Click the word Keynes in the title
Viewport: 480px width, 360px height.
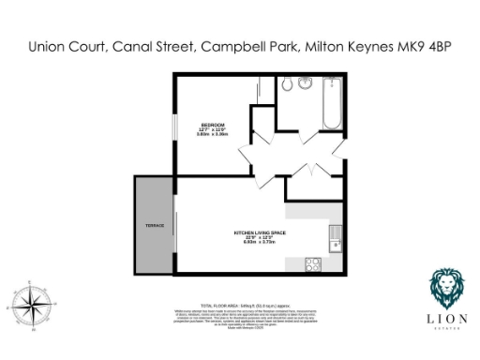tap(356, 45)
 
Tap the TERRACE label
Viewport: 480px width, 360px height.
tap(155, 226)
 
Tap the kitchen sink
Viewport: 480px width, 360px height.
tap(335, 245)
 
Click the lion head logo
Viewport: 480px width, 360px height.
tap(444, 286)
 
